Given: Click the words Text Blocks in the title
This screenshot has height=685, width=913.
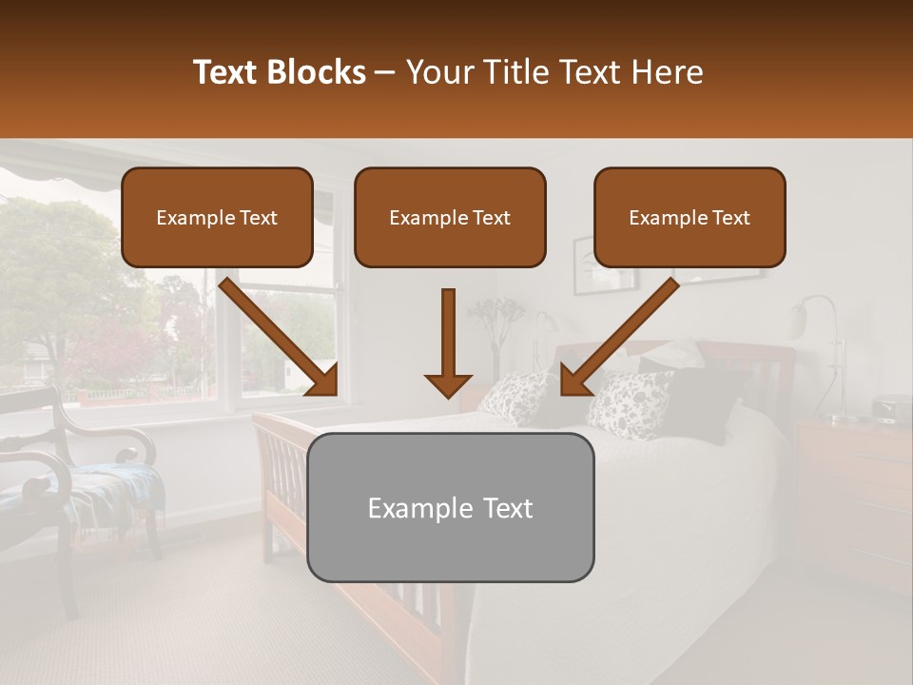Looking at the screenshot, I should tap(280, 72).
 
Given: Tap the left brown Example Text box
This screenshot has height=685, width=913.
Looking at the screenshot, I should tap(217, 218).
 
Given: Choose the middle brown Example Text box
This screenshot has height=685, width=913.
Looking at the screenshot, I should tap(450, 218).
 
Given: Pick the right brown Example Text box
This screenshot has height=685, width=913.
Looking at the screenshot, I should tap(690, 218).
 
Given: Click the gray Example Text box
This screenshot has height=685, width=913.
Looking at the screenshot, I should tap(450, 507).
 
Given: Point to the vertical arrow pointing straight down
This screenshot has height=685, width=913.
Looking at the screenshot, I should tap(448, 342).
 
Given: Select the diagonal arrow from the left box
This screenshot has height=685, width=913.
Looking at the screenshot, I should tap(280, 337).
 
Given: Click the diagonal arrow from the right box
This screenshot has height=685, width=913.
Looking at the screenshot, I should tap(619, 337).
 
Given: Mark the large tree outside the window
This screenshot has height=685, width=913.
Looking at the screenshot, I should tap(57, 276).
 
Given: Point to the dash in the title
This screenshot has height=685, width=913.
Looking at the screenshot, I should tap(385, 72).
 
